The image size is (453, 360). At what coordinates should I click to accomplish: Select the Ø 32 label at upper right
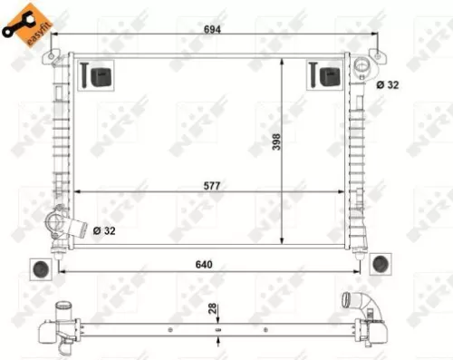387,84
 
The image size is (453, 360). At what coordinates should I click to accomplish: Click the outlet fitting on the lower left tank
57,222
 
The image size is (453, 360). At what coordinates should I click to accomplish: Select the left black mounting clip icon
101,76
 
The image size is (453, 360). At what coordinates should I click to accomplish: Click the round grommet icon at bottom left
40,268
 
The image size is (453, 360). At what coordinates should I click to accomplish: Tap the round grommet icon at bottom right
381,263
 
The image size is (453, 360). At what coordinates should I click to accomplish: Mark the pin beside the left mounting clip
83,75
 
